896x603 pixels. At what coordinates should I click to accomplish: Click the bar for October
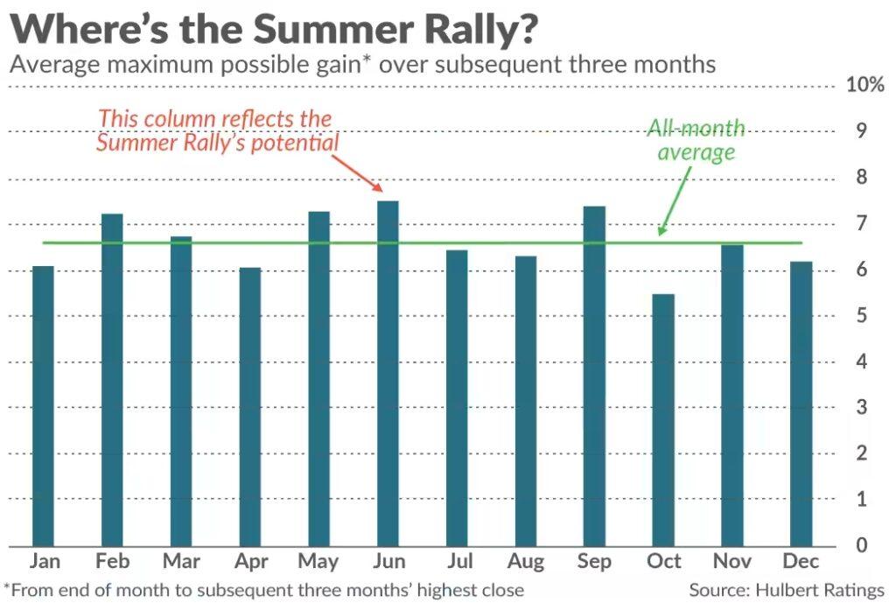[x=663, y=420]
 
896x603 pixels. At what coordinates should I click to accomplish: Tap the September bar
[x=594, y=376]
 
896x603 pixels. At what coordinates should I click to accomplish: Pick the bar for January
[x=43, y=407]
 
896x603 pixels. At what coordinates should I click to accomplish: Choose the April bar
[x=250, y=408]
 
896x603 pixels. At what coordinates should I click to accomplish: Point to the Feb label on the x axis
[x=112, y=562]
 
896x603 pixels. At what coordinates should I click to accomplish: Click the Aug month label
[x=525, y=562]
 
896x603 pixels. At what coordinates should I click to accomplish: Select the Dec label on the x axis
[x=801, y=562]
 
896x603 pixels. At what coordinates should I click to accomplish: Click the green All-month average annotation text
[x=696, y=140]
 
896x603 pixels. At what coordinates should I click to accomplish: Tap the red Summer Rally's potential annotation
[x=216, y=130]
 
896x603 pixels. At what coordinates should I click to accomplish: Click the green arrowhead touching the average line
[x=662, y=231]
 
